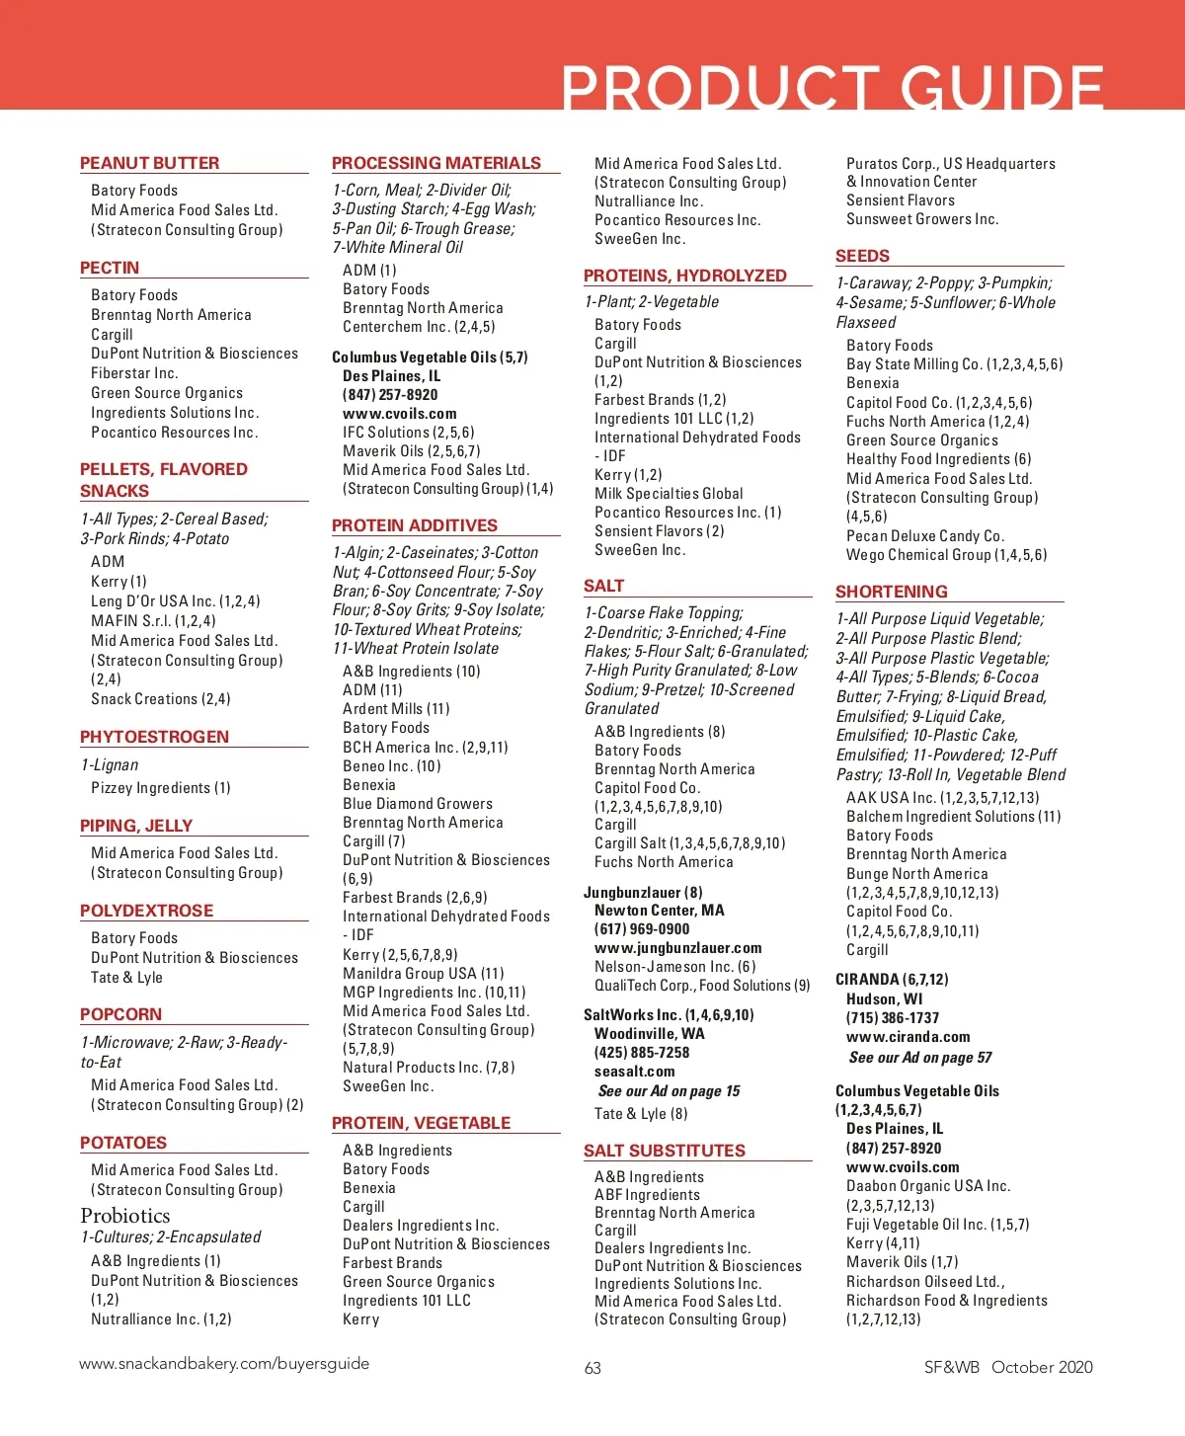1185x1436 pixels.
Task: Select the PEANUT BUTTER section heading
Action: [x=149, y=163]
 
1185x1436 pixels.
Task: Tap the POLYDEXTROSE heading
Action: [x=146, y=911]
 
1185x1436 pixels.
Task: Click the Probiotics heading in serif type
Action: [x=125, y=1216]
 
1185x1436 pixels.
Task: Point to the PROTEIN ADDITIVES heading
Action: [x=415, y=525]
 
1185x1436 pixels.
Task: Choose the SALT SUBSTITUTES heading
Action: [x=665, y=1151]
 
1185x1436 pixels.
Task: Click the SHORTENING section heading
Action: [x=892, y=592]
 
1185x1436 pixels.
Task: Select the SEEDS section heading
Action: [x=863, y=256]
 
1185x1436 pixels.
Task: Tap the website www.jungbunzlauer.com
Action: [x=677, y=948]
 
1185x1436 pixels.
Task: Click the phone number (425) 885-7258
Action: [x=642, y=1053]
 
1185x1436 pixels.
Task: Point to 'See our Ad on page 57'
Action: [x=920, y=1058]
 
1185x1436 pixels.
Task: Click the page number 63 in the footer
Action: [x=592, y=1368]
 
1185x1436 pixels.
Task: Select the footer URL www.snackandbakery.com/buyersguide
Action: [x=224, y=1364]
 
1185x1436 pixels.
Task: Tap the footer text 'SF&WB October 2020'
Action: [x=1008, y=1367]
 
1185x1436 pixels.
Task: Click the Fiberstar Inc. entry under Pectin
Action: [x=134, y=373]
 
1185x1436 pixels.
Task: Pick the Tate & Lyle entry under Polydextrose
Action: [x=126, y=978]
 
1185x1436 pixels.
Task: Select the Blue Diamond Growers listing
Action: [x=418, y=804]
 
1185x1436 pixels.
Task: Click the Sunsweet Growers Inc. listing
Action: [x=922, y=219]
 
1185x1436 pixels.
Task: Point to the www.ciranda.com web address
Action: [x=908, y=1037]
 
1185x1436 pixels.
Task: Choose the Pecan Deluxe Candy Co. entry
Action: [x=925, y=536]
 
